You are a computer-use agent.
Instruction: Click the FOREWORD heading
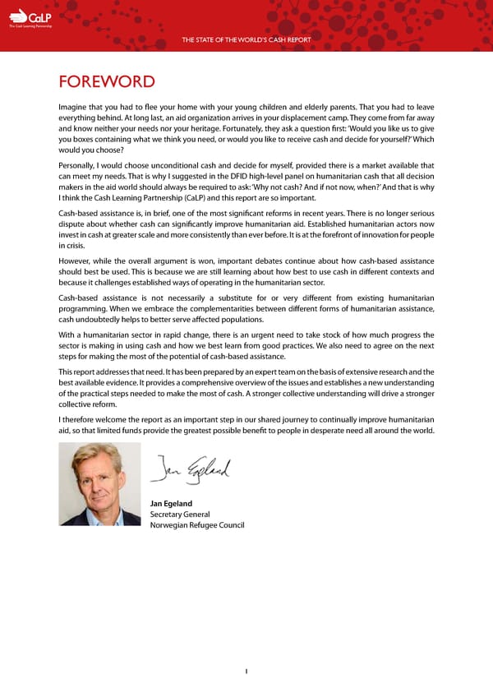106,81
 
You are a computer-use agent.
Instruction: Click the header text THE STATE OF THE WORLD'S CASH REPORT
246,40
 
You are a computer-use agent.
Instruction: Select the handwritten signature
191,468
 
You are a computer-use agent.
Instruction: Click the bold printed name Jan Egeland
171,503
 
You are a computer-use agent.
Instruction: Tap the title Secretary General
179,515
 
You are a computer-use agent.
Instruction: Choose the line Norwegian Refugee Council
196,525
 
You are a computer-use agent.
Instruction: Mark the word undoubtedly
107,319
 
